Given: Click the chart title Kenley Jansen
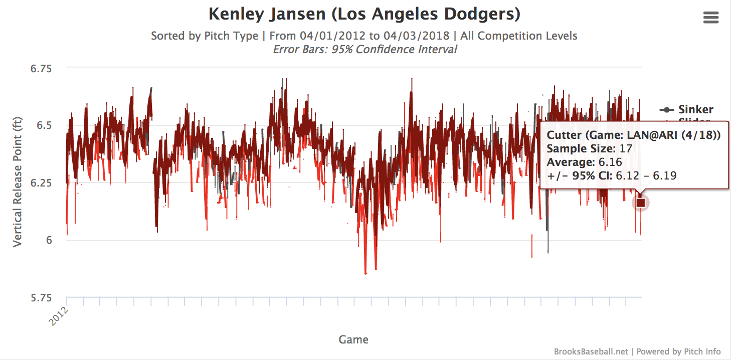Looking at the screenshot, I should click(364, 14).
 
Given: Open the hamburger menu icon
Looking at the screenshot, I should click(711, 18).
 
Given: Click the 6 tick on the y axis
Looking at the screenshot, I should click(49, 240).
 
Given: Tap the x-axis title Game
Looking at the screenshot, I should click(353, 339).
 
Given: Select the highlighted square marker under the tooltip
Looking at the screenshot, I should click(640, 203).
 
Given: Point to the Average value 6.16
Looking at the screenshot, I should click(610, 161).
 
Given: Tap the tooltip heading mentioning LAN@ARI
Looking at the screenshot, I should click(634, 135).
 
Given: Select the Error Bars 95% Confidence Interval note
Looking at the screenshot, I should click(364, 49).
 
